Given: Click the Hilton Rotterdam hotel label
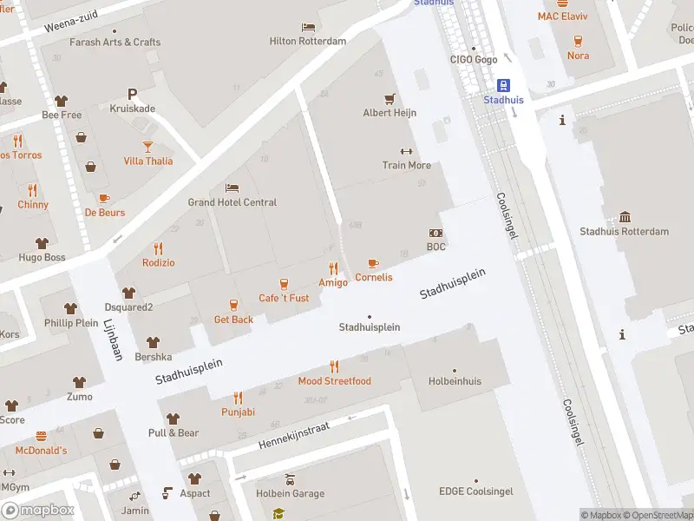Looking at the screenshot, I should (308, 41).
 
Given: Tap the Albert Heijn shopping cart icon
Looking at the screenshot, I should (390, 98).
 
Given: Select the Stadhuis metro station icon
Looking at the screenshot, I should (503, 85).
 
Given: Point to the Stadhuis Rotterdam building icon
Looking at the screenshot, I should (625, 217).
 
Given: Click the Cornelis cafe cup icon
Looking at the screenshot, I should (373, 263).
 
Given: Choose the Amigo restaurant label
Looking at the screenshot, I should (333, 283).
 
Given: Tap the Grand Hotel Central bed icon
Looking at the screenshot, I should (232, 188).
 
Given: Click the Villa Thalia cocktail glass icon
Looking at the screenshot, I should (147, 146).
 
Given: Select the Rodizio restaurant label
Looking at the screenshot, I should (158, 263).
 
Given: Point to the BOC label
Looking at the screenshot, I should (435, 247).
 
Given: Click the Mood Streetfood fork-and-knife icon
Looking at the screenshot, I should (334, 366).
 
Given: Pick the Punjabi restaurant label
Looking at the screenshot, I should (238, 412).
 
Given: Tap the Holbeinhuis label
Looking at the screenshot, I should (455, 381).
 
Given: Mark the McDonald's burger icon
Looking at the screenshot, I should (41, 436).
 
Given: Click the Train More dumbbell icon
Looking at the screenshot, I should (406, 151).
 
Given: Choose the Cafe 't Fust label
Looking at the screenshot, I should (284, 299).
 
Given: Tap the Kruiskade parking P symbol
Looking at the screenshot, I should (132, 94).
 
